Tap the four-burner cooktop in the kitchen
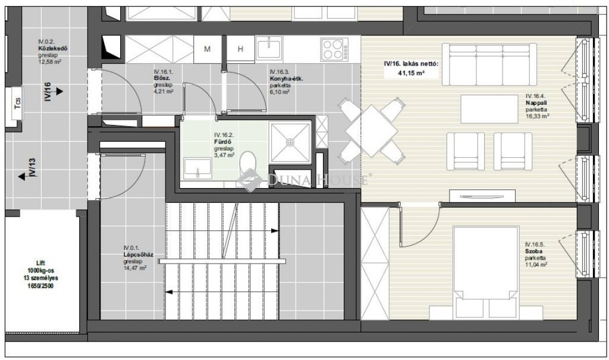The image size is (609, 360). (x=334, y=49)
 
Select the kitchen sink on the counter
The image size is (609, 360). (x=269, y=49)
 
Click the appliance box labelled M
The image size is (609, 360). (x=208, y=49)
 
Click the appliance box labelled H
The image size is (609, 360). (x=240, y=49)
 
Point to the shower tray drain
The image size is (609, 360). (x=290, y=143)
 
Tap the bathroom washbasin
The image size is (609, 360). (x=197, y=168)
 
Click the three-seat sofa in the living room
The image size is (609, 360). (x=489, y=64)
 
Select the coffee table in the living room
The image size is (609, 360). (x=489, y=109)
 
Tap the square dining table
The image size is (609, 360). (x=372, y=130)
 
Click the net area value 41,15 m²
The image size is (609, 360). (x=411, y=73)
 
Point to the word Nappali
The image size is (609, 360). (x=536, y=103)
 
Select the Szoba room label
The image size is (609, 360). (x=534, y=252)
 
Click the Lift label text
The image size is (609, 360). (x=40, y=263)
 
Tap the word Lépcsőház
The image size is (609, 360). (x=138, y=255)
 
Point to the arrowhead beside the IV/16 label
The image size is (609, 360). (x=59, y=92)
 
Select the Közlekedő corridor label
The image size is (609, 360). (x=53, y=49)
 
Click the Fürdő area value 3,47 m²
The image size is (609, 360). (x=224, y=155)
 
